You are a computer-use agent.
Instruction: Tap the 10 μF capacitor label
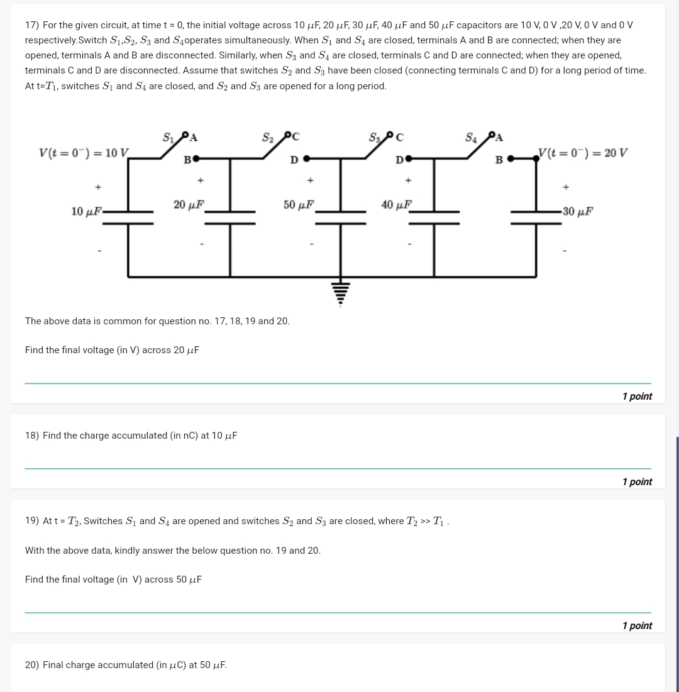[x=86, y=212]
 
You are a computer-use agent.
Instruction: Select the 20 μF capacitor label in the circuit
[x=189, y=204]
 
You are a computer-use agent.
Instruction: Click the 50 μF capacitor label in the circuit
[x=299, y=204]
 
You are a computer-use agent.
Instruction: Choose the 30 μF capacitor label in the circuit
[x=577, y=211]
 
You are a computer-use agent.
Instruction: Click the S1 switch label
[x=169, y=137]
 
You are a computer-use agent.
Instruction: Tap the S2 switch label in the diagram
[x=268, y=137]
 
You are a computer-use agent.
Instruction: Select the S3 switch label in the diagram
[x=375, y=137]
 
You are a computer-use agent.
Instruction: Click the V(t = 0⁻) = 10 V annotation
[x=84, y=153]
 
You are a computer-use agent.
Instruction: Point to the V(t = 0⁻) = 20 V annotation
[x=582, y=153]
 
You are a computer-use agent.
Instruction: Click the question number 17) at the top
[x=31, y=25]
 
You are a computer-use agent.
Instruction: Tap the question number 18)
[x=31, y=436]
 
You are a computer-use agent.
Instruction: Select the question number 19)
[x=31, y=521]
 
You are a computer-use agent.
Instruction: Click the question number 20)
[x=31, y=665]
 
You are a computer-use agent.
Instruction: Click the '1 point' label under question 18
[x=636, y=481]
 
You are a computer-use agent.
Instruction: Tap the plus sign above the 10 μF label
[x=97, y=187]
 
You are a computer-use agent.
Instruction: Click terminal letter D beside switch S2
[x=294, y=160]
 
